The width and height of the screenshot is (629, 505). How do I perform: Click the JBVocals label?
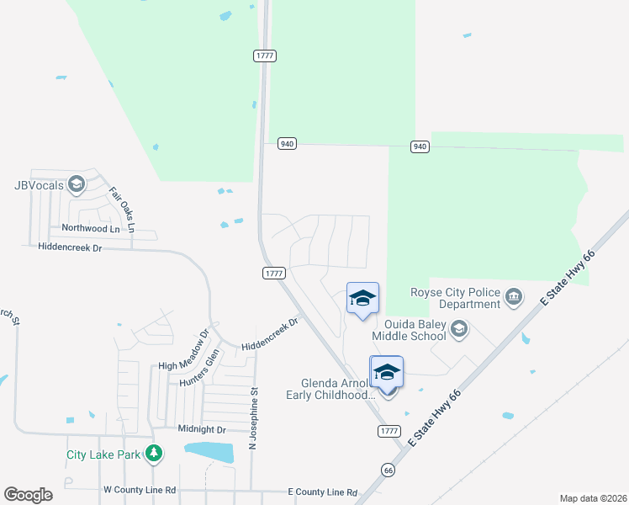[40, 186]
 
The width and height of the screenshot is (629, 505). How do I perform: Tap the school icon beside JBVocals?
[77, 184]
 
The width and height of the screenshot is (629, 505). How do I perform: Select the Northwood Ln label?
[91, 228]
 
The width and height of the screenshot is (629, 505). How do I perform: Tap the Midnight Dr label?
[203, 428]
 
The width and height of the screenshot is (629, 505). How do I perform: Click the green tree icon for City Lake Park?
[153, 454]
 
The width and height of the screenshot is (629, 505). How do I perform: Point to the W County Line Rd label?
[140, 489]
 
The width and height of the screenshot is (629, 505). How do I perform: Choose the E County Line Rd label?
[322, 492]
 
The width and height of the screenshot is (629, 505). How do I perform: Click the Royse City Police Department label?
[454, 298]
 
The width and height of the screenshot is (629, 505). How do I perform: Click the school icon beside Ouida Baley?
[459, 329]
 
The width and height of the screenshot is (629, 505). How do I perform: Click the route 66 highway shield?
[387, 470]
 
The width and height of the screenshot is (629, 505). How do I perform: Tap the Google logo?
[28, 495]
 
